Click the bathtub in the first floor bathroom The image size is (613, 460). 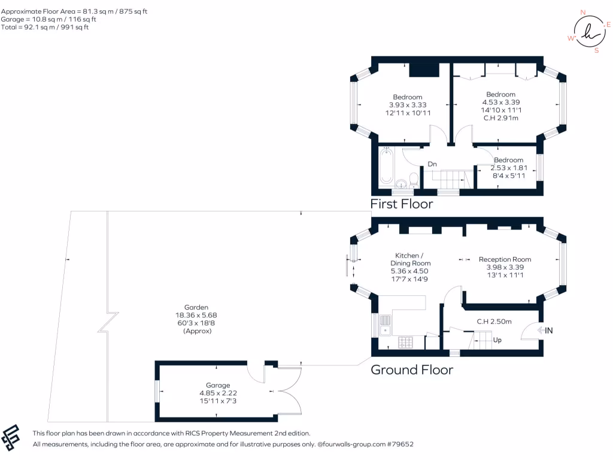[386, 166]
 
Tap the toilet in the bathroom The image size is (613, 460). [414, 181]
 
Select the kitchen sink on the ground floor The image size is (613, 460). [386, 326]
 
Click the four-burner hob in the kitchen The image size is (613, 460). [405, 343]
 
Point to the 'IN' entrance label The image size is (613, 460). [548, 331]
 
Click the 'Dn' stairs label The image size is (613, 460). [432, 164]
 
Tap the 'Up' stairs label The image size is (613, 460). [497, 340]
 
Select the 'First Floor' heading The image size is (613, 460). [402, 204]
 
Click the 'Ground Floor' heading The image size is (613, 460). [412, 370]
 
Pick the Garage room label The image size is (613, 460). [218, 385]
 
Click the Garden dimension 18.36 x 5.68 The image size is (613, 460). [196, 315]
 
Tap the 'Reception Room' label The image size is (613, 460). [505, 259]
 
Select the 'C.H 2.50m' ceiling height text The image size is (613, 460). [494, 322]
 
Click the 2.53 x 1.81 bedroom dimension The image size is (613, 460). [509, 168]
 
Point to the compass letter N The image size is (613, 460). [583, 13]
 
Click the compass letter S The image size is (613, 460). [597, 50]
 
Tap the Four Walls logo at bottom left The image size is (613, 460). [11, 437]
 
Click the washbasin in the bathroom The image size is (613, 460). [400, 183]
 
